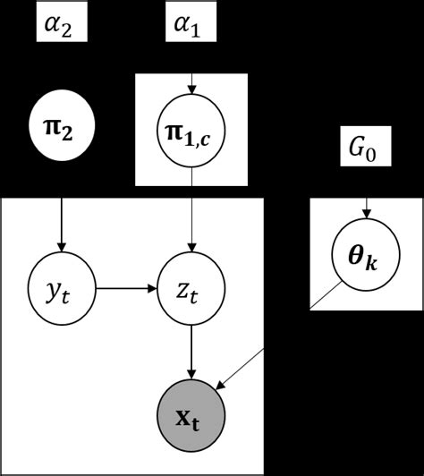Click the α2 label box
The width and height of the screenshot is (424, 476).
tap(61, 25)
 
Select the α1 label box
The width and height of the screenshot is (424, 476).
tap(188, 25)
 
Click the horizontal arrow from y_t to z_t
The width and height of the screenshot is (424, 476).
tap(125, 288)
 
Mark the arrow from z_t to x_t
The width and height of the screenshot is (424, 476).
tap(190, 353)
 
